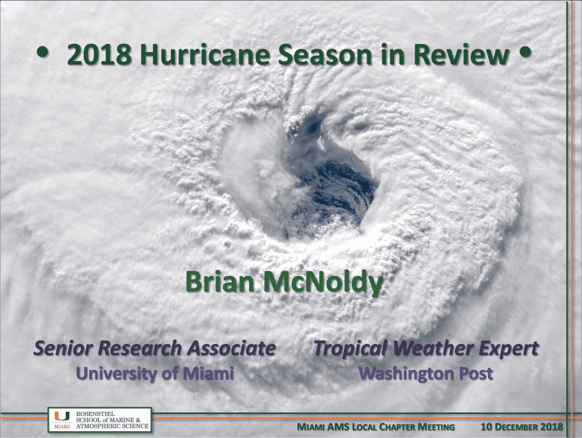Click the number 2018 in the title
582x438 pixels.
(x=99, y=54)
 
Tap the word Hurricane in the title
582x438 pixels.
(x=205, y=54)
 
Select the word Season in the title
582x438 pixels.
(x=325, y=54)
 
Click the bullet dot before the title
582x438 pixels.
(x=43, y=52)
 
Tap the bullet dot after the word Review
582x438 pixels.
(x=525, y=51)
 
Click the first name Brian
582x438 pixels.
(x=220, y=281)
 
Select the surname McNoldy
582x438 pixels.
(x=323, y=283)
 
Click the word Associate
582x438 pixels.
(x=231, y=348)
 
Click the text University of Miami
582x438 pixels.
(x=155, y=373)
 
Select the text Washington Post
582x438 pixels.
(x=426, y=373)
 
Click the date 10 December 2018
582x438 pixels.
(x=522, y=427)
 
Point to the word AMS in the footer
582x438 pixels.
(x=338, y=427)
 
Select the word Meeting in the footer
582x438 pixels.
(x=436, y=427)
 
